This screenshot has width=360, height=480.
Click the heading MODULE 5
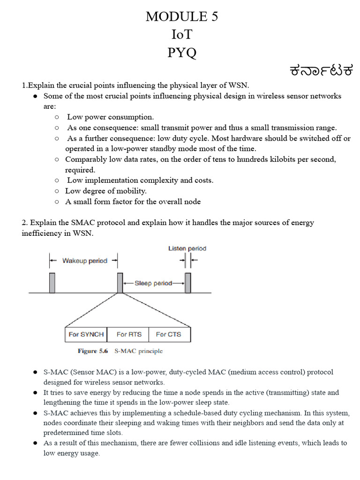tap(181, 16)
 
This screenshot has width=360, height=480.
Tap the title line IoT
tap(181, 35)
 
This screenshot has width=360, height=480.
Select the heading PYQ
tap(181, 52)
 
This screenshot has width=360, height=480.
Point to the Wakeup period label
tap(84, 261)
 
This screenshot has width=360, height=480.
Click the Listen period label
tap(187, 248)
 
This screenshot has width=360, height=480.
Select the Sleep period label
tap(153, 283)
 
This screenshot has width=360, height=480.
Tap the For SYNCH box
tap(86, 334)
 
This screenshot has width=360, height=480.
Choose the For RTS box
tap(128, 334)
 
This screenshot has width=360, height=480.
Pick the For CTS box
tap(168, 334)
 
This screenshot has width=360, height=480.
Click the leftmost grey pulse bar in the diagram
tap(52, 283)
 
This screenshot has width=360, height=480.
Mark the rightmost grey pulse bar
tap(188, 283)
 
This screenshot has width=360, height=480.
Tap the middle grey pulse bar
tap(120, 283)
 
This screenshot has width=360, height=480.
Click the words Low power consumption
tap(111, 117)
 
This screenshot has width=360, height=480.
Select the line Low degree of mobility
tap(106, 191)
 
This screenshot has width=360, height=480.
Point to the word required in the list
tap(80, 170)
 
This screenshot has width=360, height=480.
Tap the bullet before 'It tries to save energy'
tap(35, 393)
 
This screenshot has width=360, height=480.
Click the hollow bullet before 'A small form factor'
tap(57, 202)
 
